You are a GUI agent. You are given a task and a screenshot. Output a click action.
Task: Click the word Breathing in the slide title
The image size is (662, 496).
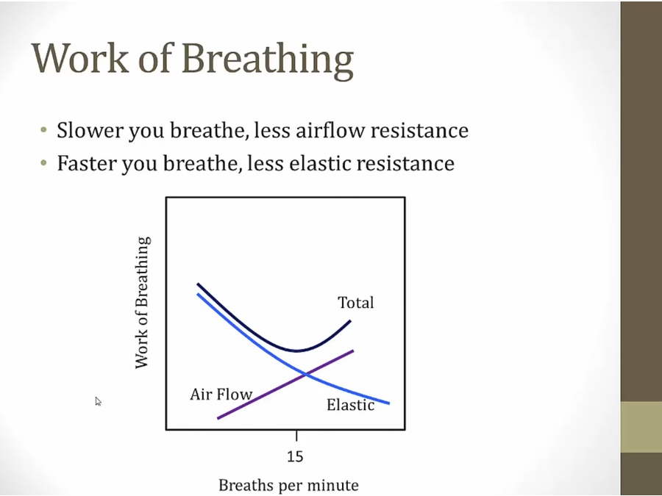point(268,60)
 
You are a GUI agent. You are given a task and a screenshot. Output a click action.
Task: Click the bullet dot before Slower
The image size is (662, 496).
point(43,129)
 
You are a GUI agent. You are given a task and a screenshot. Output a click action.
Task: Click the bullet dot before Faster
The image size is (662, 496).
point(43,162)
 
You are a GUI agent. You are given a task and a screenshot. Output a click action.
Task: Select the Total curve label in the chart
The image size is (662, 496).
point(355,303)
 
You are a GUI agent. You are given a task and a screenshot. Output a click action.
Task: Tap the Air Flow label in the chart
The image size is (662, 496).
point(221,395)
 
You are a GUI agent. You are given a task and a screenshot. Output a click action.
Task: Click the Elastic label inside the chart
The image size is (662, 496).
point(350,405)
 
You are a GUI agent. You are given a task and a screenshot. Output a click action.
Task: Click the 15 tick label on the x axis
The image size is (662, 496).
point(295,456)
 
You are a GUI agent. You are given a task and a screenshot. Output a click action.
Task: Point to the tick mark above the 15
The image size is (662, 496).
point(296,436)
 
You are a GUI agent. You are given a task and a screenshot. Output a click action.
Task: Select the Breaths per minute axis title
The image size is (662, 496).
point(289,485)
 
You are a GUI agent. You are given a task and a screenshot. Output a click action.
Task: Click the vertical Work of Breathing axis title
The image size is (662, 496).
point(142,303)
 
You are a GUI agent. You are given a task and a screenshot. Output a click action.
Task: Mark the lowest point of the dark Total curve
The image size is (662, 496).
point(297,351)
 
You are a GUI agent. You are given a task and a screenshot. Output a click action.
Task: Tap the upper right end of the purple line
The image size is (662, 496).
point(353,351)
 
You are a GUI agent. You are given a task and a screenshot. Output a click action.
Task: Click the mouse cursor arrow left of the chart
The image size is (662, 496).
point(99,401)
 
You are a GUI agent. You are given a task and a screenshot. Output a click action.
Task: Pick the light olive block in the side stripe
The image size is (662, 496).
point(641,427)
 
